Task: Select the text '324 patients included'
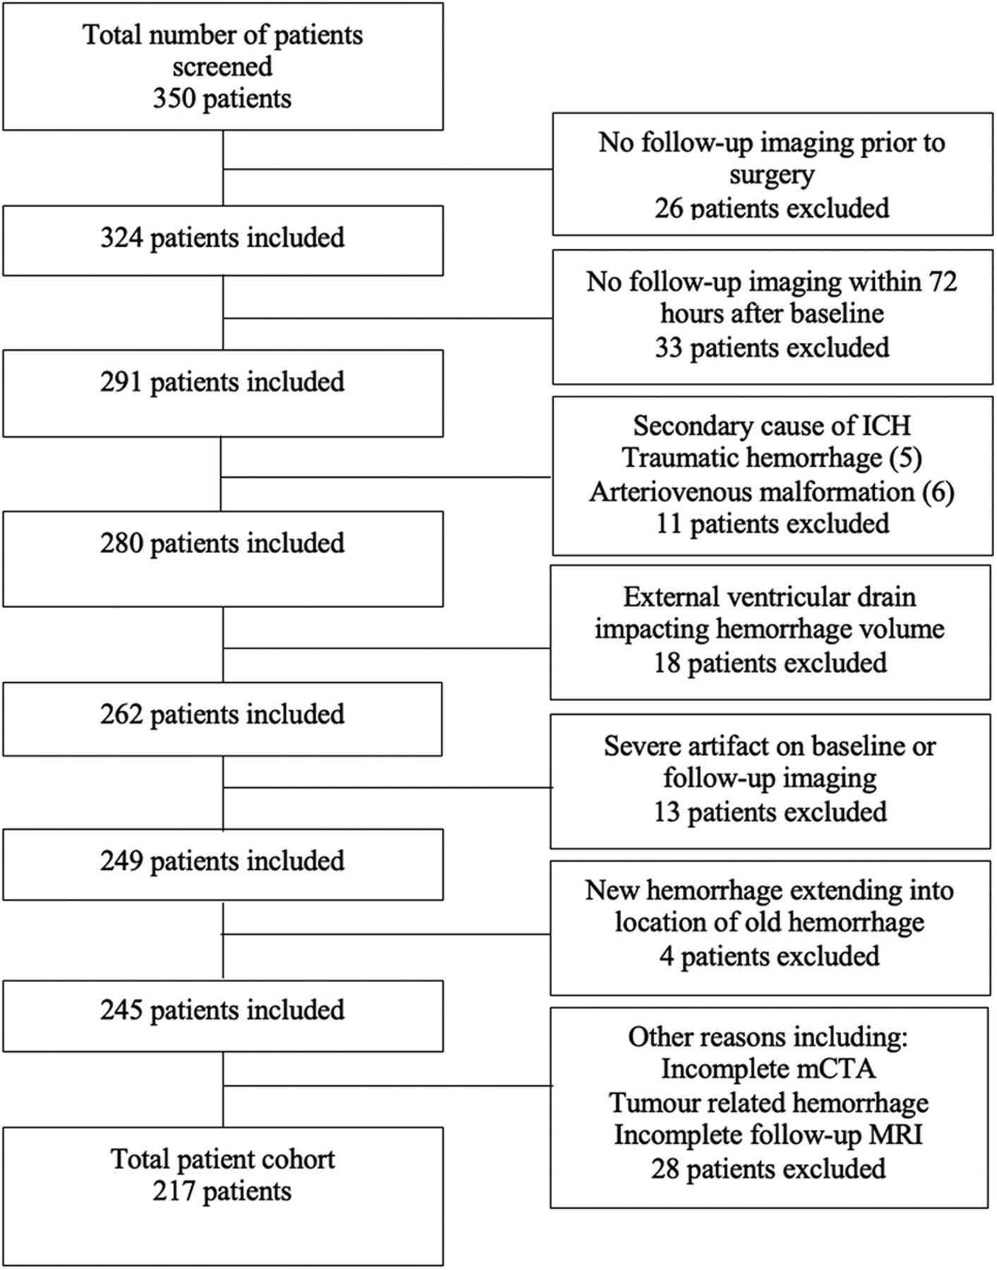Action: [x=222, y=238]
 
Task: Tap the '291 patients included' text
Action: [x=222, y=382]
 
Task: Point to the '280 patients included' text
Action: [x=222, y=543]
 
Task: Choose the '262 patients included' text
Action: [x=222, y=714]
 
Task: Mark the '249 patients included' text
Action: [x=222, y=861]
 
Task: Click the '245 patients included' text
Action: [x=222, y=1010]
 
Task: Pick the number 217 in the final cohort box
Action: [x=174, y=1191]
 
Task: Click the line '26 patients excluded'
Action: [x=772, y=208]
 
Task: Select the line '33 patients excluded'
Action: [x=772, y=347]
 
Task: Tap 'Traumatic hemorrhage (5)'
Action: [x=772, y=458]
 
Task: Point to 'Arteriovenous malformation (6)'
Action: [x=772, y=491]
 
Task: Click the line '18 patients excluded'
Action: [x=770, y=663]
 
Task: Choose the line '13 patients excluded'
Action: [x=770, y=811]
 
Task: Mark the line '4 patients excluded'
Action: [x=770, y=956]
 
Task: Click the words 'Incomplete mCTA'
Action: [x=768, y=1069]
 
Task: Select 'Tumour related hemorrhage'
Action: [x=768, y=1102]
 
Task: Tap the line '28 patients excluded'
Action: [x=768, y=1168]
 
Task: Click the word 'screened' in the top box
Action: [x=222, y=66]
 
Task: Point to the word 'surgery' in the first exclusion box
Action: [x=772, y=176]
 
